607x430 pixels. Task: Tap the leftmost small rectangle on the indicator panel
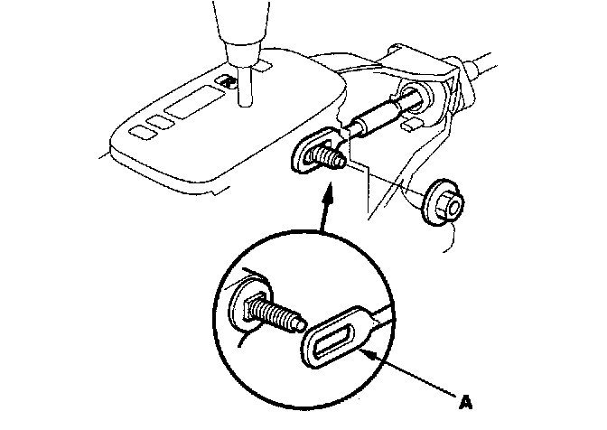[142, 132]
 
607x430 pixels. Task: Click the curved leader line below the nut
[450, 238]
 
